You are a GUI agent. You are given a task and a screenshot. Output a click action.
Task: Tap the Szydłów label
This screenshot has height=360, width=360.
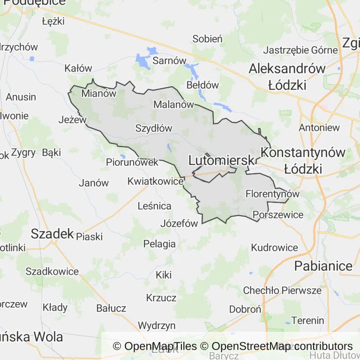pyautogui.click(x=154, y=128)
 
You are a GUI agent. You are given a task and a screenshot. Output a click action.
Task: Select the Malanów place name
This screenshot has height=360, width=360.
pyautogui.click(x=173, y=105)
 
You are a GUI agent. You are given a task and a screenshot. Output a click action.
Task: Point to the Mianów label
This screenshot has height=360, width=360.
pyautogui.click(x=98, y=93)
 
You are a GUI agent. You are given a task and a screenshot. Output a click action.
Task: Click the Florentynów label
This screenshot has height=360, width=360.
pyautogui.click(x=272, y=194)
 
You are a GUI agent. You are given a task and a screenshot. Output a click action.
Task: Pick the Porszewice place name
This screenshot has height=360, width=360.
pyautogui.click(x=278, y=215)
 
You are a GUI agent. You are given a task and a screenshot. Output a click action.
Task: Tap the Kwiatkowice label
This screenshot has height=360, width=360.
pyautogui.click(x=155, y=180)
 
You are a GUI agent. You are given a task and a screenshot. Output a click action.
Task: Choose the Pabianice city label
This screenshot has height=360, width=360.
pyautogui.click(x=323, y=266)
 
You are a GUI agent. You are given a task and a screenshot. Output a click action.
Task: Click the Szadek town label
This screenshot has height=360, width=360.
pyautogui.click(x=52, y=233)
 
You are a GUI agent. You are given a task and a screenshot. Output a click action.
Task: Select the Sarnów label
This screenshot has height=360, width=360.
pyautogui.click(x=170, y=61)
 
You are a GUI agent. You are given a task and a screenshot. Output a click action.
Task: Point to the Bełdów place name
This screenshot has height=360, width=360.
pyautogui.click(x=202, y=85)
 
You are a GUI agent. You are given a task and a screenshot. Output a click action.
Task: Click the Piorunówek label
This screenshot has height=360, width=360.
pyautogui.click(x=132, y=162)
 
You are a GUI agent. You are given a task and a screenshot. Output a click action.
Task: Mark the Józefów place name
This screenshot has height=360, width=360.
pyautogui.click(x=179, y=223)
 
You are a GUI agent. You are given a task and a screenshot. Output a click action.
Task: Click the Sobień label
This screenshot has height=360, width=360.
pyautogui.click(x=207, y=39)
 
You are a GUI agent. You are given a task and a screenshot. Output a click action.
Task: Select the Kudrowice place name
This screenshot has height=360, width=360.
pyautogui.click(x=275, y=247)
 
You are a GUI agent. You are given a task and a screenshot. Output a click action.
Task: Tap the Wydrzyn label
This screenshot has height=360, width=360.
pyautogui.click(x=157, y=325)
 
